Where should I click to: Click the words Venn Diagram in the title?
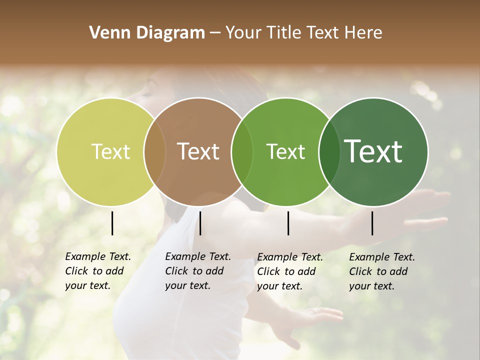coord(147,33)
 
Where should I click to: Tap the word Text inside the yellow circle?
coord(110,151)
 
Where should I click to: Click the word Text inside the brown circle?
coord(198,151)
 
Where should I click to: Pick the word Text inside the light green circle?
coord(285,151)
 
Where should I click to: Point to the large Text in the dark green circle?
coord(373,151)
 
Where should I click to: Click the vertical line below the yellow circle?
coord(112,223)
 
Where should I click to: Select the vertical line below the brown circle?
coord(200,223)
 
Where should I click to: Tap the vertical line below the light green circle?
coord(288,223)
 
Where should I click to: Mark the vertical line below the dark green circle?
coord(372,223)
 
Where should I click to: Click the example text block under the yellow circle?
coord(97,271)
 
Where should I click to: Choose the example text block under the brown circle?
coord(197,271)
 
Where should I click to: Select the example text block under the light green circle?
coord(289,271)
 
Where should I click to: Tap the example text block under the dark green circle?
coord(381,271)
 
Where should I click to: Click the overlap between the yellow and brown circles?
coord(154,151)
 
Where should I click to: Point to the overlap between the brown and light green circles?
coord(242,151)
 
